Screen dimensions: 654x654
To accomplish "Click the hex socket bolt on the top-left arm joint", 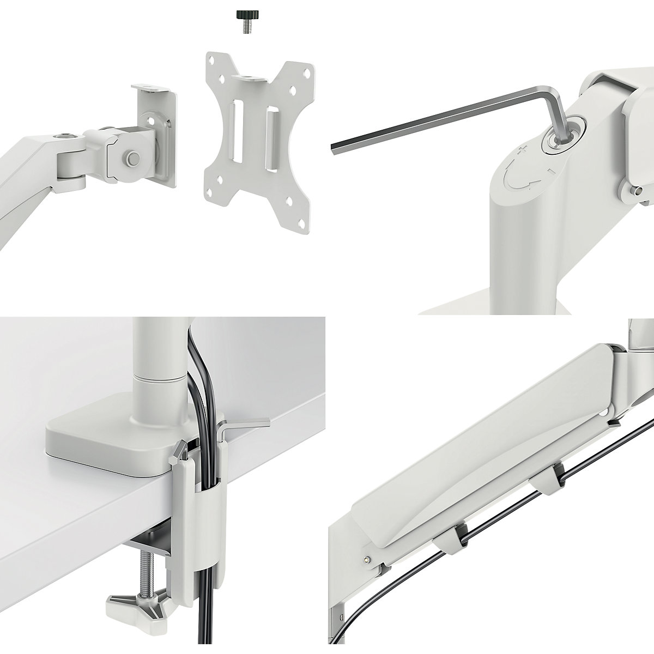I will [x=65, y=135].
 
